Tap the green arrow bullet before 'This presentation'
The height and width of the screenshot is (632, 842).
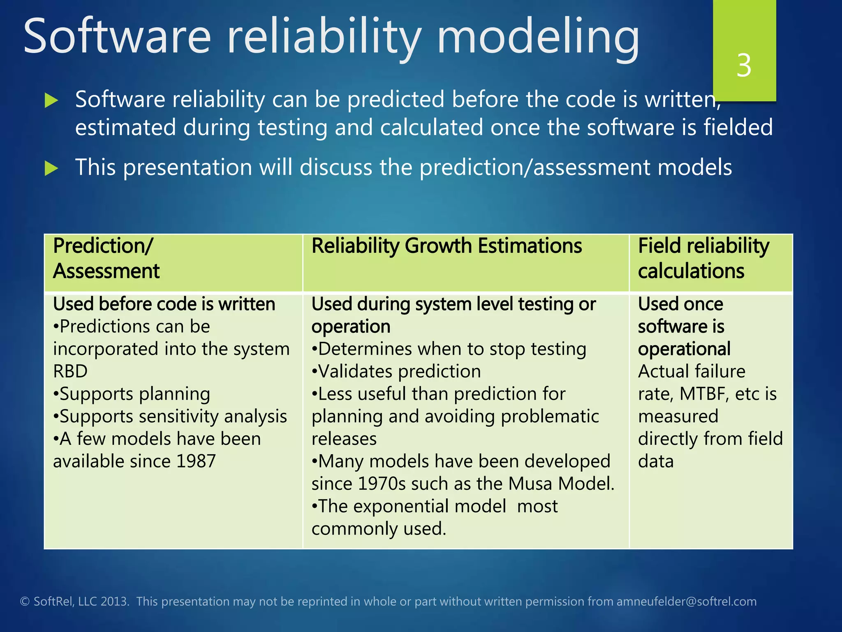51,168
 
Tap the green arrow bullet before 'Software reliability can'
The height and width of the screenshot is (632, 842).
51,100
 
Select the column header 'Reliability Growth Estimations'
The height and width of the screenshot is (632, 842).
446,246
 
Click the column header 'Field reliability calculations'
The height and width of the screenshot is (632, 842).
703,258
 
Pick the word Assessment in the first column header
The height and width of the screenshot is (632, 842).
106,271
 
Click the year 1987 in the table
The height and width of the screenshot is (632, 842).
196,461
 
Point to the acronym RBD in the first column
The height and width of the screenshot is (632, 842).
70,371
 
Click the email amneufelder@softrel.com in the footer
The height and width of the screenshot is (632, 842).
686,602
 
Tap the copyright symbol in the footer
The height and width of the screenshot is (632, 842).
25,602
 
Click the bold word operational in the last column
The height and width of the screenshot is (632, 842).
684,349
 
